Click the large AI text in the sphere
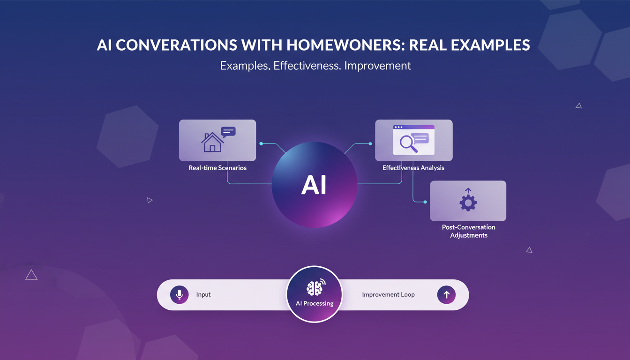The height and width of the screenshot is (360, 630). tap(314, 186)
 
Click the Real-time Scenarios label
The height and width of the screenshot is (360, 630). tap(217, 168)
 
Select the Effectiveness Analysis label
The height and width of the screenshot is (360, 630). tap(413, 168)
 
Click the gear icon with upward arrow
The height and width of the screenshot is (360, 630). tap(468, 201)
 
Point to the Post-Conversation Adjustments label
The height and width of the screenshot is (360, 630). tap(468, 231)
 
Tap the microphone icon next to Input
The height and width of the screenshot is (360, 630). tap(179, 295)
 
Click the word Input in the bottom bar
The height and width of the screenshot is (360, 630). tap(203, 295)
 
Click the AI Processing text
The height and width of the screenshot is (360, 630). tap(315, 303)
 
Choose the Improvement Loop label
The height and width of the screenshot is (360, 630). tap(388, 295)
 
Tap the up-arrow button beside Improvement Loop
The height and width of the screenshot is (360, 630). tap(446, 295)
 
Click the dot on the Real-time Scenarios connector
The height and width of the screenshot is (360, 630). tap(261, 143)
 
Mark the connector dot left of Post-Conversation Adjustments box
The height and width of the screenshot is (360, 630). tap(425, 202)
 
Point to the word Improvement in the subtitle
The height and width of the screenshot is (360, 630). tap(377, 66)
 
